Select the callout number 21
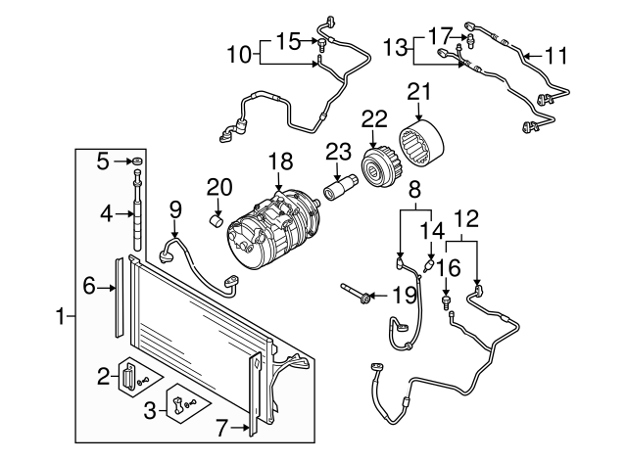[419, 92]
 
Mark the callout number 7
[222, 428]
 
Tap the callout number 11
[555, 58]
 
